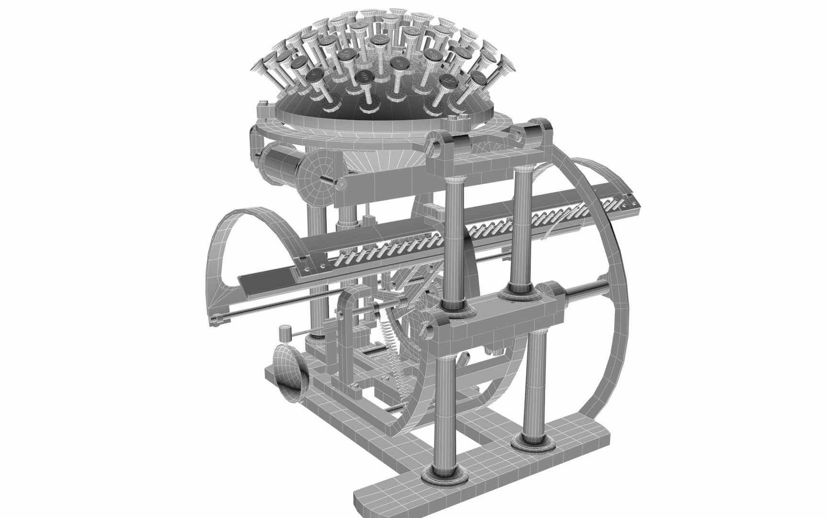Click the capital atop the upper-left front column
point(453,181)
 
